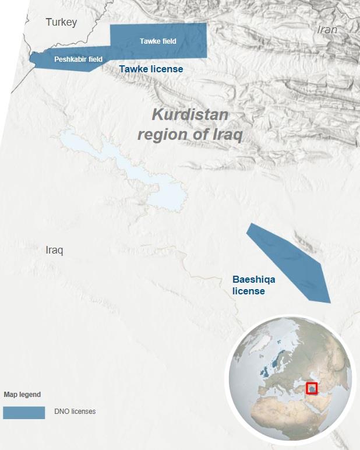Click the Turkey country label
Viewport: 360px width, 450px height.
point(61,23)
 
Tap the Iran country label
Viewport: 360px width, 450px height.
point(327,30)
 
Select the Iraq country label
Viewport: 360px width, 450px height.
point(54,250)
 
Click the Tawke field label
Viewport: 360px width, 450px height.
point(158,41)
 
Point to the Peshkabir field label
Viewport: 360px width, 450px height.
point(78,59)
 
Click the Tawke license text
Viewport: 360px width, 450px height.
point(151,69)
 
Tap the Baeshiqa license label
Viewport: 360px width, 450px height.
point(253,285)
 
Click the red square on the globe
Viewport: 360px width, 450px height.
point(313,388)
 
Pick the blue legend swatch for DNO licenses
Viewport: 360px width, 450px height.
point(24,412)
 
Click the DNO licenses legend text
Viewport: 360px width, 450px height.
point(75,412)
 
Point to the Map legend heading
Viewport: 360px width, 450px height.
point(22,395)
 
